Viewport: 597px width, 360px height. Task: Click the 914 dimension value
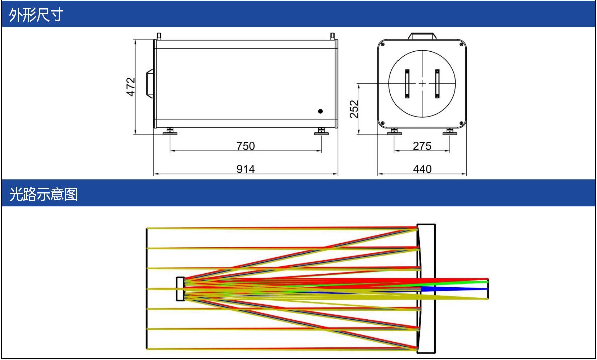(x=246, y=169)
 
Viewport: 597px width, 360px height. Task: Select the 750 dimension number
(x=246, y=146)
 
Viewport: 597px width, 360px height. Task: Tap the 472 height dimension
(x=131, y=87)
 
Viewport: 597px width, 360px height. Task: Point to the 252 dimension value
(x=354, y=109)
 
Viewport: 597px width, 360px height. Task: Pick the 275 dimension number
(x=422, y=146)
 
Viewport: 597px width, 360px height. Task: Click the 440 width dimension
(x=422, y=169)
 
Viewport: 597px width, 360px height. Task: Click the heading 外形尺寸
(x=36, y=15)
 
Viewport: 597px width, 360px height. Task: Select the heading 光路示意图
(x=43, y=194)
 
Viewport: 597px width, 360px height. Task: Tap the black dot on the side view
(x=320, y=111)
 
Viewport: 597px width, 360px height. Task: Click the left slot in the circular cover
(x=407, y=83)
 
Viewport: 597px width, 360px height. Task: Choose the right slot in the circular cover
(x=437, y=83)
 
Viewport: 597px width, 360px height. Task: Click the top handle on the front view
(x=422, y=36)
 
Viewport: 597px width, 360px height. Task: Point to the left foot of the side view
(x=171, y=131)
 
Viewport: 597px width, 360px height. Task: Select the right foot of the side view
(x=321, y=131)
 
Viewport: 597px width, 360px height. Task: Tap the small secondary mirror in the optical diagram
(x=180, y=289)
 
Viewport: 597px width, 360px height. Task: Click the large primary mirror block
(x=426, y=288)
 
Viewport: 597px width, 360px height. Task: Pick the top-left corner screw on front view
(x=382, y=44)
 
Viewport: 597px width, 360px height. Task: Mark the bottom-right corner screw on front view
(x=461, y=123)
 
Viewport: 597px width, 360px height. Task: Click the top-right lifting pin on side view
(x=332, y=36)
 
